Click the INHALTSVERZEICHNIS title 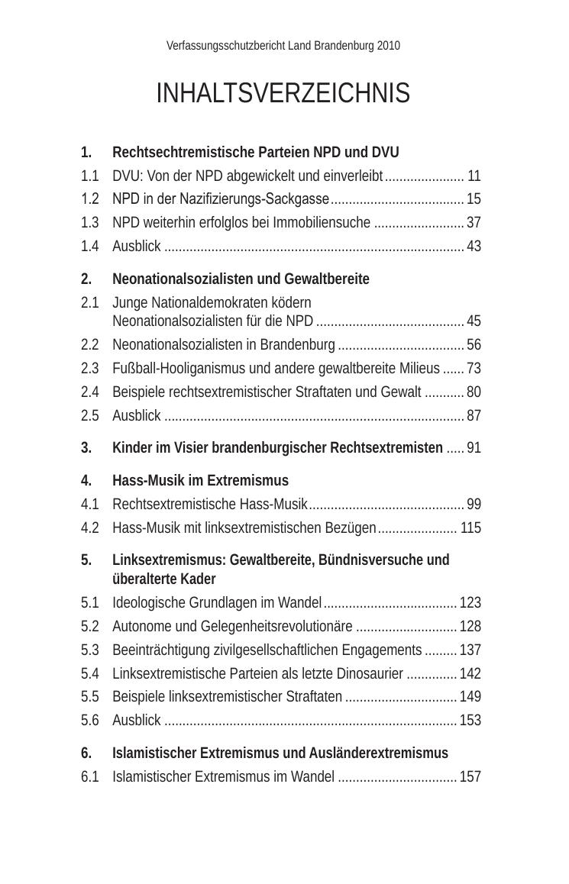(x=283, y=94)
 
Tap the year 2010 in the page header (x=388, y=46)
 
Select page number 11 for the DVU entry (x=474, y=176)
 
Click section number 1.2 (x=90, y=199)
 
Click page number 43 (x=474, y=247)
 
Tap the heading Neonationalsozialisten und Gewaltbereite (x=241, y=279)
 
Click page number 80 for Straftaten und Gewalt (x=474, y=392)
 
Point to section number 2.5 (x=90, y=416)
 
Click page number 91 (x=474, y=448)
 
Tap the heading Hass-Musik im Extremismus (x=200, y=481)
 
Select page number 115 (x=470, y=528)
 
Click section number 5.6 (x=90, y=721)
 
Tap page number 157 (x=470, y=777)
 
